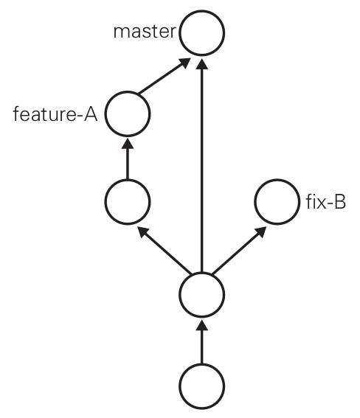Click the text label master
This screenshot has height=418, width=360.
pos(145,32)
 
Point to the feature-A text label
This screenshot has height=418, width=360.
pos(55,114)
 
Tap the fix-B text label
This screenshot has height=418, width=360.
pos(325,202)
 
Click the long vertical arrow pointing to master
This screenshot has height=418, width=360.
pos(202,165)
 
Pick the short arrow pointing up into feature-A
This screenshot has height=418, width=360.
pos(128,159)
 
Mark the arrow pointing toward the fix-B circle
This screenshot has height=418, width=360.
pos(239,251)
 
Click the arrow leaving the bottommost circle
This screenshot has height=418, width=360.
pos(202,342)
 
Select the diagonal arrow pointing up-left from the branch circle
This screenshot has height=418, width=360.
pos(165,251)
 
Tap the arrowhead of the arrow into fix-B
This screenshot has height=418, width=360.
pos(261,231)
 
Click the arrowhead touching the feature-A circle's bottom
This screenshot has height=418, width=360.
pos(128,144)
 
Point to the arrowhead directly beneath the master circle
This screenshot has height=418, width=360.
pos(202,64)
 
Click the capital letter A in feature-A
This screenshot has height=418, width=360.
pos(91,114)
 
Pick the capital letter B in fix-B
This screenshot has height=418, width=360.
pos(339,201)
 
